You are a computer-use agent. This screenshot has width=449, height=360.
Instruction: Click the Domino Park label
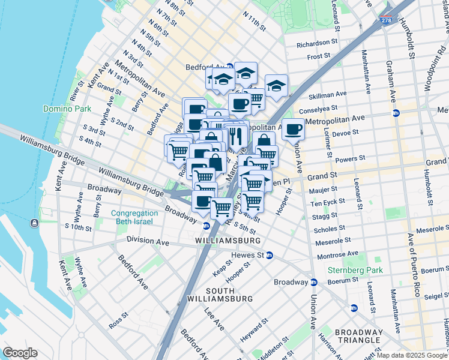pos(67,109)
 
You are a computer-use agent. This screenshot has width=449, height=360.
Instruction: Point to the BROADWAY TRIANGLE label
pos(358,337)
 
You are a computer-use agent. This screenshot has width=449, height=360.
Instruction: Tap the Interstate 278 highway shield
pos(387,20)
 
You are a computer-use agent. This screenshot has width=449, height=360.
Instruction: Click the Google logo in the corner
pos(20,353)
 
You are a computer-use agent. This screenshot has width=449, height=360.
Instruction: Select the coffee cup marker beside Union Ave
pos(293,129)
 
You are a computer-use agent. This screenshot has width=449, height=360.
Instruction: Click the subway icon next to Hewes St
pos(270,255)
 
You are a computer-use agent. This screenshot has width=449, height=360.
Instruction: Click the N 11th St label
pos(255,22)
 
